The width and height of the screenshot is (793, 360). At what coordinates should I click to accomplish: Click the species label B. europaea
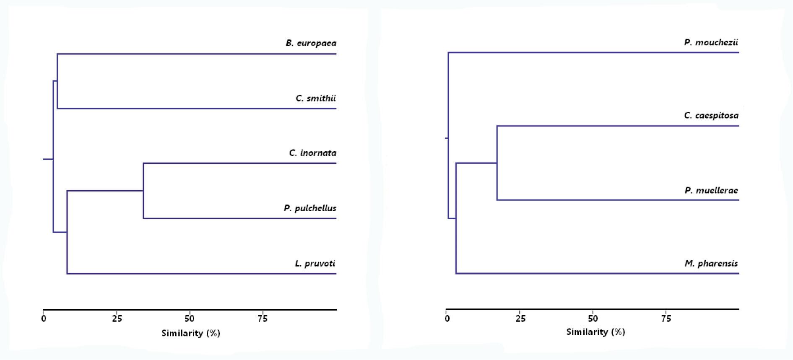[x=311, y=43]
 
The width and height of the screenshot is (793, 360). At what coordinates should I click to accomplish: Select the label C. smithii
[x=315, y=98]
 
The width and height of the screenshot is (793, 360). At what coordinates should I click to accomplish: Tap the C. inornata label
[x=312, y=153]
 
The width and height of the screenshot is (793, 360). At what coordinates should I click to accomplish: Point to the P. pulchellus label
[x=310, y=208]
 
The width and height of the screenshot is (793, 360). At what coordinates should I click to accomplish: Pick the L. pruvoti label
[x=315, y=264]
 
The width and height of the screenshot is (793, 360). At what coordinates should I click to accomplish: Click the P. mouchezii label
[x=711, y=42]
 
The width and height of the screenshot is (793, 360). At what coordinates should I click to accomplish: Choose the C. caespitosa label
[x=711, y=115]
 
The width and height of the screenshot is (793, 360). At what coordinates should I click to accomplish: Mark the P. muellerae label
[x=711, y=190]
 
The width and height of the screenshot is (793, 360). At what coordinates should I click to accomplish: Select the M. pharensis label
[x=711, y=263]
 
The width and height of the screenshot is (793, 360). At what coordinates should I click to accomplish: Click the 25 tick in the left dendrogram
[x=117, y=319]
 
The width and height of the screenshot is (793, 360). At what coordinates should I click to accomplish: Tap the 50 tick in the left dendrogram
[x=190, y=319]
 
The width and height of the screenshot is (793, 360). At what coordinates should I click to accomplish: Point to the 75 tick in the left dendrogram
[x=263, y=319]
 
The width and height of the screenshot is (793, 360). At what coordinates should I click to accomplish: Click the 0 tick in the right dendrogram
[x=447, y=319]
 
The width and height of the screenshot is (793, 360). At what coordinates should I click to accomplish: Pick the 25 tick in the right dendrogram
[x=520, y=319]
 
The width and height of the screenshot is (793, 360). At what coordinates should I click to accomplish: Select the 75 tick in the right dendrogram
[x=666, y=319]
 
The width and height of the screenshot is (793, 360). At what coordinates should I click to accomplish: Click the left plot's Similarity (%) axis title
[x=191, y=333]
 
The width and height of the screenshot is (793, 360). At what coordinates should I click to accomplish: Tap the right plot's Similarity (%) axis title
[x=595, y=332]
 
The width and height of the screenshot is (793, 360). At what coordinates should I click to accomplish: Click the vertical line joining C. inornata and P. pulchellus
[x=143, y=191]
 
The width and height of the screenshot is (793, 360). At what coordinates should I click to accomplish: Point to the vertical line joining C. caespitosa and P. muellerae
[x=497, y=163]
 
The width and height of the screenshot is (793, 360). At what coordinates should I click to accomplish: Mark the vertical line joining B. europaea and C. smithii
[x=57, y=81]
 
